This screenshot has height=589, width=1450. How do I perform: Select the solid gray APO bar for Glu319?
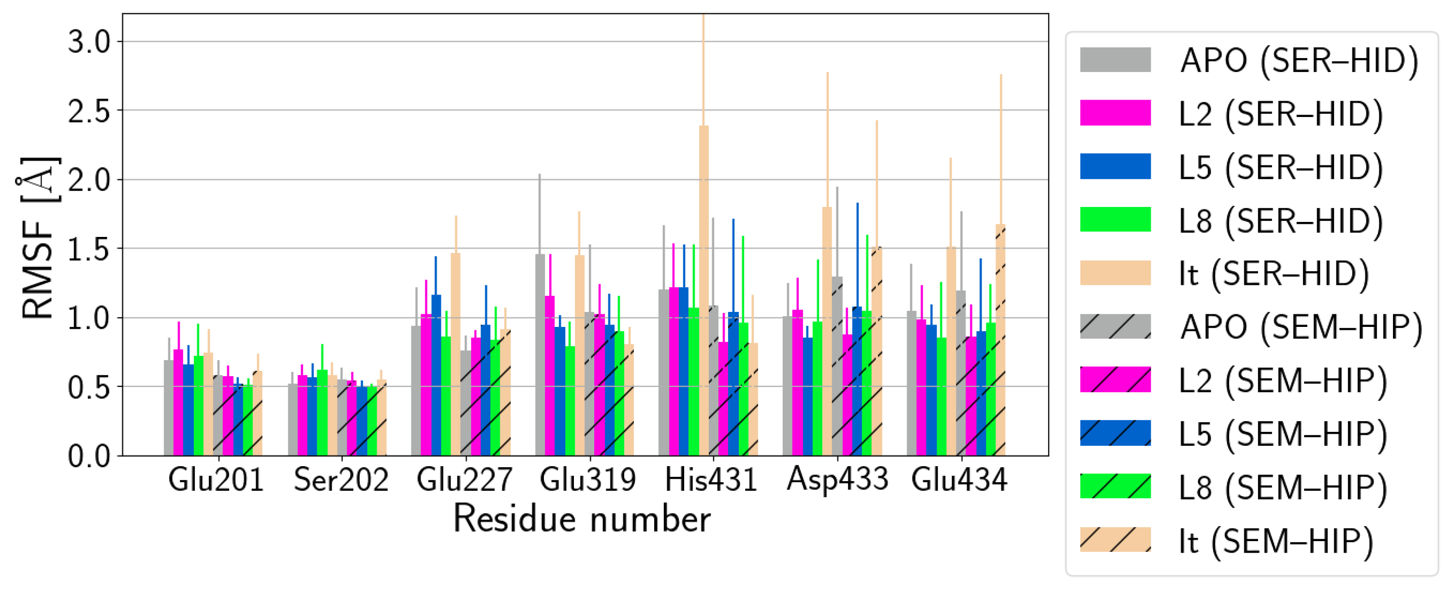pyautogui.click(x=540, y=355)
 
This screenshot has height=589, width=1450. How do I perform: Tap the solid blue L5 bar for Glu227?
pyautogui.click(x=436, y=374)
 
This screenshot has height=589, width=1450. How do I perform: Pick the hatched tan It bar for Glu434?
pyautogui.click(x=1000, y=340)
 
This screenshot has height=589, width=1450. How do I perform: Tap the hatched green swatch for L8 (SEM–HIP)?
pyautogui.click(x=1115, y=486)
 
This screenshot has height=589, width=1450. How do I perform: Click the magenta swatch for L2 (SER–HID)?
pyautogui.click(x=1115, y=113)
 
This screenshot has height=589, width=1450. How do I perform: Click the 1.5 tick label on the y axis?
pyautogui.click(x=89, y=249)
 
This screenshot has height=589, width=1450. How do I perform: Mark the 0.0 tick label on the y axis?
pyautogui.click(x=89, y=456)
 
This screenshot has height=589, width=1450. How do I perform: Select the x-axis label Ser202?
pyautogui.click(x=341, y=480)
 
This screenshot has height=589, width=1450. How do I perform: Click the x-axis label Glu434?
pyautogui.click(x=959, y=480)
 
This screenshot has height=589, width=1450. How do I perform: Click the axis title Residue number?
pyautogui.click(x=582, y=518)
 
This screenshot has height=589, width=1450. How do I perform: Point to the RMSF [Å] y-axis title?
pyautogui.click(x=37, y=236)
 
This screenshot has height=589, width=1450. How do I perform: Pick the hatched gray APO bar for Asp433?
pyautogui.click(x=837, y=366)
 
